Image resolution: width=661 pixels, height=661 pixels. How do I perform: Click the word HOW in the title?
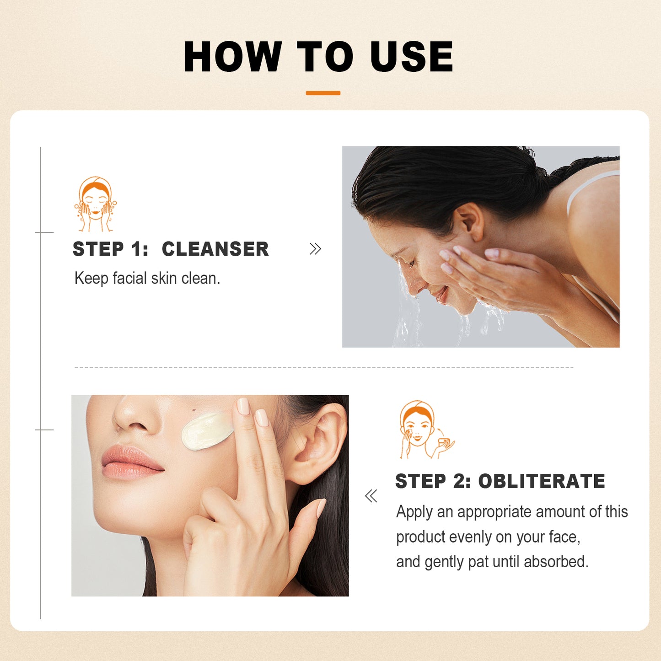pos(232,57)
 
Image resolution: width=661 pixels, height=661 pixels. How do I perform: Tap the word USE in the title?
pos(411,57)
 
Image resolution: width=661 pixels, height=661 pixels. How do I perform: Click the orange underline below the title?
pos(323,93)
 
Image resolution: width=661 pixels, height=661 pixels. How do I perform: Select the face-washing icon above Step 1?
pos(95,204)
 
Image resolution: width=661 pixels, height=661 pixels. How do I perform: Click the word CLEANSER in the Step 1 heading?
pos(215,249)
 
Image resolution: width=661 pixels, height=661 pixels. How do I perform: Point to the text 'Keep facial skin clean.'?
pos(147,278)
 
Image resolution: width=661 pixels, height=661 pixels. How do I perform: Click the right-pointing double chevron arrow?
pos(315,249)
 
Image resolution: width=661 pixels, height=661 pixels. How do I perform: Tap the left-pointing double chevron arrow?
pos(371,496)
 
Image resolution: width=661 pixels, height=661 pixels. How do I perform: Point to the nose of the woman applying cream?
pos(133,414)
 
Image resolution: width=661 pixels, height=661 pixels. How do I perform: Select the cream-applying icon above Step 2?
pos(425,430)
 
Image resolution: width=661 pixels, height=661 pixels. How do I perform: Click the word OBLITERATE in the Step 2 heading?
pos(542,481)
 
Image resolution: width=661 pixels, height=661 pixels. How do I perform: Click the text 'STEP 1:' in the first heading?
pos(110,249)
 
